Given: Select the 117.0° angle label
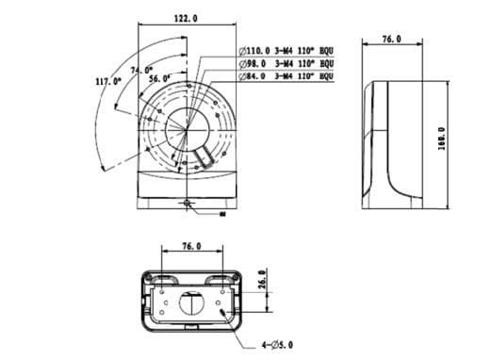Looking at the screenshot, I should (109, 82).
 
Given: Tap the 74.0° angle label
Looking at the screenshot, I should (140, 70).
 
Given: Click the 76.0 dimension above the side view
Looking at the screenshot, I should (391, 39).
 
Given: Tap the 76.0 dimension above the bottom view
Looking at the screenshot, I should (190, 246).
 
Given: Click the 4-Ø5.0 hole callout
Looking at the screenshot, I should (279, 346).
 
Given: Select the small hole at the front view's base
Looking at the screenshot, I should (188, 204).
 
